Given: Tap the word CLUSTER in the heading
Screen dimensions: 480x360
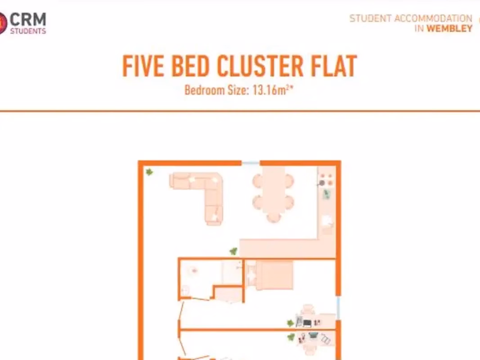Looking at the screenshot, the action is tap(260, 66).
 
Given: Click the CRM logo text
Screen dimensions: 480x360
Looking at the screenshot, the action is tap(28, 20).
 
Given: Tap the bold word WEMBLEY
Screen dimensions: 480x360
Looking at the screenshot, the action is tap(449, 28).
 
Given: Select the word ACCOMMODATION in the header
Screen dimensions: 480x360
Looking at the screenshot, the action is tap(433, 18).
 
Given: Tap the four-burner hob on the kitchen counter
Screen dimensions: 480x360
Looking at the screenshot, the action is tap(326, 180).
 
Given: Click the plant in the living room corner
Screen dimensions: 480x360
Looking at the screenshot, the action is tap(149, 172).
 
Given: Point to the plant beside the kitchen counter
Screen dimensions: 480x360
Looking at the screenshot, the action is tap(233, 252).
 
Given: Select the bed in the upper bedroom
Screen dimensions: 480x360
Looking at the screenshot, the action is tap(269, 275).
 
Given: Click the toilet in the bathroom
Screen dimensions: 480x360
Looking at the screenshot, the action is tap(185, 290).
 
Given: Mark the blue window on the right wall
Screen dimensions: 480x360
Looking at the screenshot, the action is tap(338, 308).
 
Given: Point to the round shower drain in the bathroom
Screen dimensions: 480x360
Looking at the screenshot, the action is tap(194, 270).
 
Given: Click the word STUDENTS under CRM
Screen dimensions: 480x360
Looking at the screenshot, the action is tap(28, 31).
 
